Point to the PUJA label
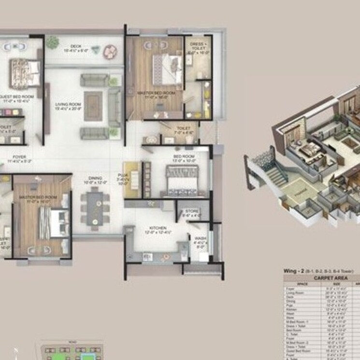[x=121, y=175]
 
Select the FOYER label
[x=20, y=157]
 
